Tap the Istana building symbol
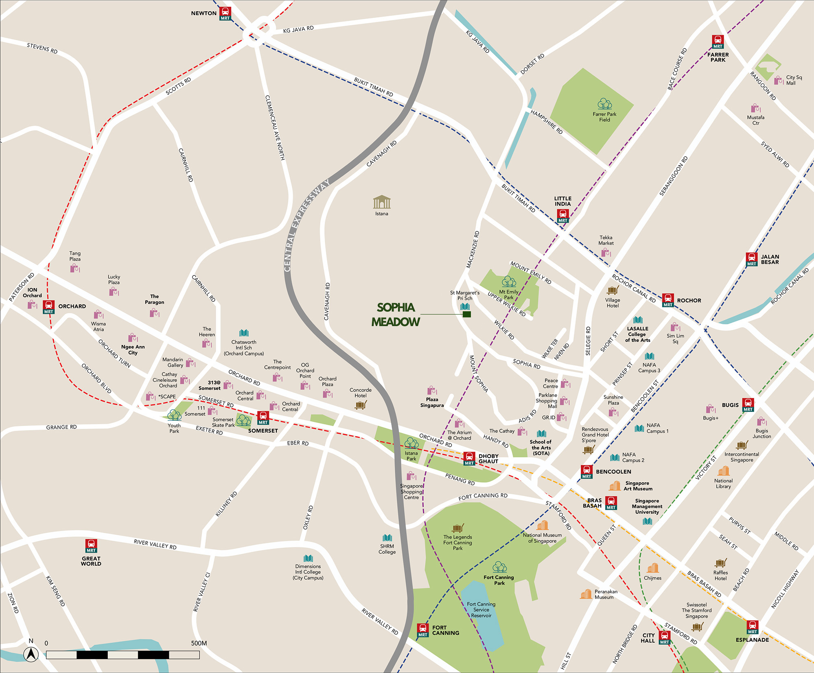pos(382,202)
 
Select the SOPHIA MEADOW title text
pos(396,315)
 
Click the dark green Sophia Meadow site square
pos(467,314)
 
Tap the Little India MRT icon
pos(563,216)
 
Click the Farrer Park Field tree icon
pos(605,104)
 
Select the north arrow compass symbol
pos(31,654)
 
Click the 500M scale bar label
pos(199,643)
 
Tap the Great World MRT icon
pos(91,546)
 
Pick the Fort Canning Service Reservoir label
pos(481,610)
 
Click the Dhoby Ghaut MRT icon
pos(469,458)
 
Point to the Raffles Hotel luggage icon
pos(720,563)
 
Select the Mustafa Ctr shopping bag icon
pos(756,108)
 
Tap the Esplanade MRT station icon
pos(753,627)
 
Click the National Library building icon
pos(724,471)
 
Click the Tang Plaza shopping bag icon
pos(75,268)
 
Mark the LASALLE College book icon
pos(638,320)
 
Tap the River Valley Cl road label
pos(202,592)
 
